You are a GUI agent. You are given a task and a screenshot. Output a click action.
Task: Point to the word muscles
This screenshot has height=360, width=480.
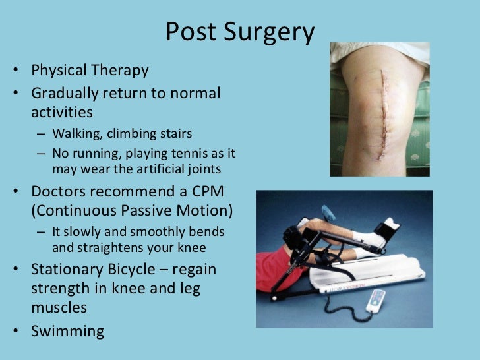coord(58,307)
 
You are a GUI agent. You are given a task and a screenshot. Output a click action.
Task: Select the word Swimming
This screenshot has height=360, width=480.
coord(67,330)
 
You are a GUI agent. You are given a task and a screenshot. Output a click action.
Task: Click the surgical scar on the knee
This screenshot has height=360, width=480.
coord(380,112)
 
